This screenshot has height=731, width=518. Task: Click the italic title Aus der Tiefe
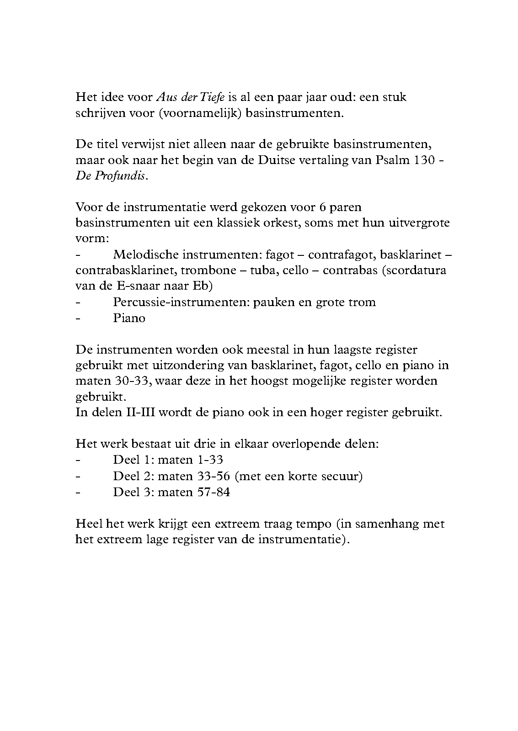[191, 97]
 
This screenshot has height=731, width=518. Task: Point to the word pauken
[274, 302]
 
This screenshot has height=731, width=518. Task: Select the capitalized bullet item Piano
[129, 318]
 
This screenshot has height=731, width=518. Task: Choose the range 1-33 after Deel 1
[207, 460]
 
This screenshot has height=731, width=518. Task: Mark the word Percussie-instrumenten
[181, 302]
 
